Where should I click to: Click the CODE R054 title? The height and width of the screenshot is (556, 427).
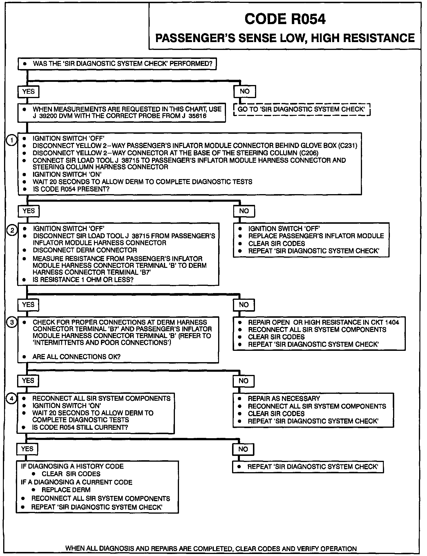285,19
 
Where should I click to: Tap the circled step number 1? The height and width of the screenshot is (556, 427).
11,141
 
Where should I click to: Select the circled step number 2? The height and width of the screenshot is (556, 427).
12,231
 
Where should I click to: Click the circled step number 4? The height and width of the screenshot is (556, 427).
12,399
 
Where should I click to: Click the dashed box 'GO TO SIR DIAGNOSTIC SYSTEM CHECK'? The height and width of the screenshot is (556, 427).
302,109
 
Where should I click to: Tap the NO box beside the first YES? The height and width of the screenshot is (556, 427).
245,91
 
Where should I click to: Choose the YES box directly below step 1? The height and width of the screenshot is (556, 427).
28,211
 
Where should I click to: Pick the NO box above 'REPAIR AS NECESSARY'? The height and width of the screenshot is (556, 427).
243,381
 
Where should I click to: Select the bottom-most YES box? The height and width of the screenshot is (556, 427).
27,449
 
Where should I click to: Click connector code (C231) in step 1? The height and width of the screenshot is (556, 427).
348,145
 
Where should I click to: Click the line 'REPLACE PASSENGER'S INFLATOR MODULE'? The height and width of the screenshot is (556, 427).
316,236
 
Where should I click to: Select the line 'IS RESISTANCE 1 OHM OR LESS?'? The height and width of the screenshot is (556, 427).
83,280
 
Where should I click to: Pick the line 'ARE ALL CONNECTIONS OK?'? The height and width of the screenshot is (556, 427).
76,357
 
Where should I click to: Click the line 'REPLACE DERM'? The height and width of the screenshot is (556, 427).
66,490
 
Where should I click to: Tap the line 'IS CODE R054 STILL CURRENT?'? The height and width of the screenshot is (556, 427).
80,427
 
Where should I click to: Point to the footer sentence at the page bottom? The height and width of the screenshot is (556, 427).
211,548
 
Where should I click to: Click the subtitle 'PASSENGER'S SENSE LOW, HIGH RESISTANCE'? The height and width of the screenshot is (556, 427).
285,38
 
